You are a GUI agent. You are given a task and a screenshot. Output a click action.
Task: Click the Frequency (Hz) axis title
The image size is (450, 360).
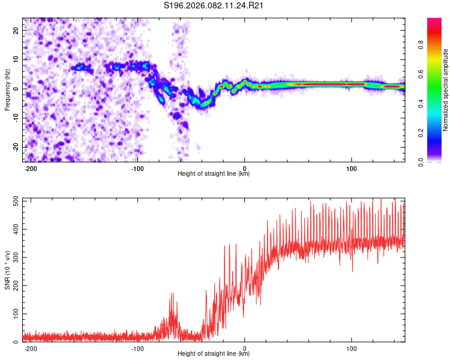coord(7,89)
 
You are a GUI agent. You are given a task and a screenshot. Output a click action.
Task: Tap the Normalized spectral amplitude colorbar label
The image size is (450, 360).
coord(446,90)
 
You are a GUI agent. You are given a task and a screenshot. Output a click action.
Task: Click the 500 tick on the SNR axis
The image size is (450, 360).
coord(14,201)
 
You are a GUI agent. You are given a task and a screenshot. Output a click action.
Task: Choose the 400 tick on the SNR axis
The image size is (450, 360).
coord(14,229)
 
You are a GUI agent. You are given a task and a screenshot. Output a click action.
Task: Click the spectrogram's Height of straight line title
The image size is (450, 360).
coord(214,174)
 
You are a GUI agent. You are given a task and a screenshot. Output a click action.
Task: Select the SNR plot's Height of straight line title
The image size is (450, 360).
coord(214,354)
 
